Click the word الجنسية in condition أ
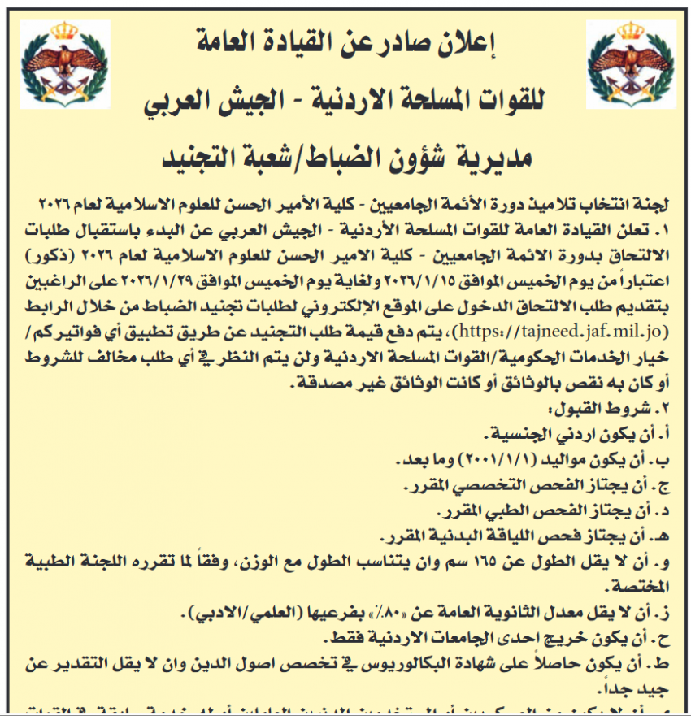518,436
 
